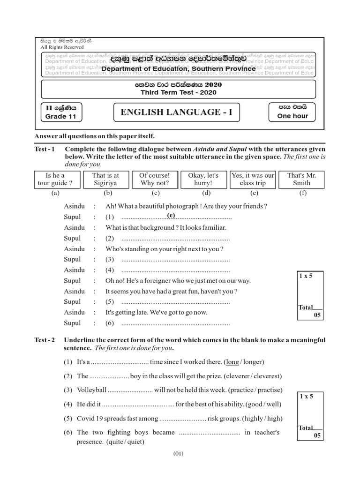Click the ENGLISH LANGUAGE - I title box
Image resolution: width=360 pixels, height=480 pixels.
pyautogui.click(x=177, y=112)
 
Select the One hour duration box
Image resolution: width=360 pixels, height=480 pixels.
pyautogui.click(x=293, y=112)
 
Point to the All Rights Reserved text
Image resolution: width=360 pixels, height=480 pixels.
pyautogui.click(x=62, y=47)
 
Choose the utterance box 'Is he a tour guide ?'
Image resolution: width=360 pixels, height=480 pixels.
pyautogui.click(x=55, y=179)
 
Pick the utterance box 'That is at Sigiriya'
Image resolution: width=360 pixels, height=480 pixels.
pyautogui.click(x=105, y=179)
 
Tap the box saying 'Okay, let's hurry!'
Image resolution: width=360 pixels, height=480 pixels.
pyautogui.click(x=204, y=179)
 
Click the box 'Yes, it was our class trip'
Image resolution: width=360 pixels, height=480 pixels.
pyautogui.click(x=253, y=179)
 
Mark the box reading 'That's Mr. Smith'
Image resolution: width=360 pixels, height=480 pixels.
pyautogui.click(x=301, y=179)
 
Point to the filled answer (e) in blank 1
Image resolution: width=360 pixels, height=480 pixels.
pyautogui.click(x=171, y=215)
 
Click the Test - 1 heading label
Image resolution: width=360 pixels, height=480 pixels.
pyautogui.click(x=45, y=149)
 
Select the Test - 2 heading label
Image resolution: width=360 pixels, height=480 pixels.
pyautogui.click(x=45, y=340)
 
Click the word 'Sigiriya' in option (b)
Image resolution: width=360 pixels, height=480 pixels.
pyautogui.click(x=105, y=183)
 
